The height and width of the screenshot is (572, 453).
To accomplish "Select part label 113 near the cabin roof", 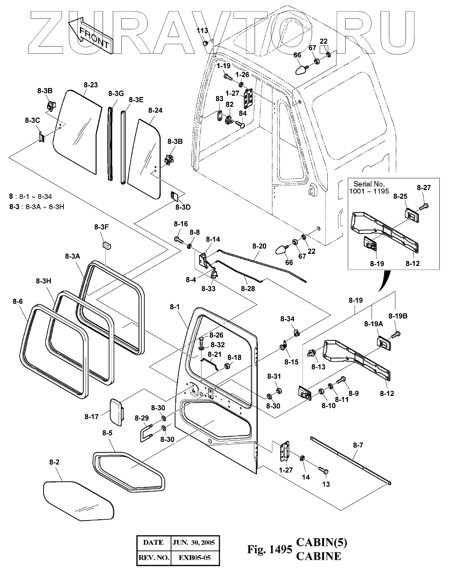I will pyautogui.click(x=202, y=31).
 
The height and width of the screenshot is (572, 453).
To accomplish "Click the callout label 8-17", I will pyautogui.click(x=91, y=417).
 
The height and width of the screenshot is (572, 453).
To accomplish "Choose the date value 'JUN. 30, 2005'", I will pyautogui.click(x=195, y=542).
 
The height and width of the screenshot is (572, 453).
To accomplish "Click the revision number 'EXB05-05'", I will pyautogui.click(x=195, y=557).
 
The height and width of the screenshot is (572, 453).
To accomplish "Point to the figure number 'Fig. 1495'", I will pyautogui.click(x=269, y=549).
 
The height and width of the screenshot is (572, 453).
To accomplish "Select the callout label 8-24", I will pyautogui.click(x=155, y=110).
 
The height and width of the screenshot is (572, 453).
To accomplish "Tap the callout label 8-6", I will pyautogui.click(x=18, y=301).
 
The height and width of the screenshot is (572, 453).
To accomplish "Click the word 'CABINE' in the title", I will pyautogui.click(x=319, y=556).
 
